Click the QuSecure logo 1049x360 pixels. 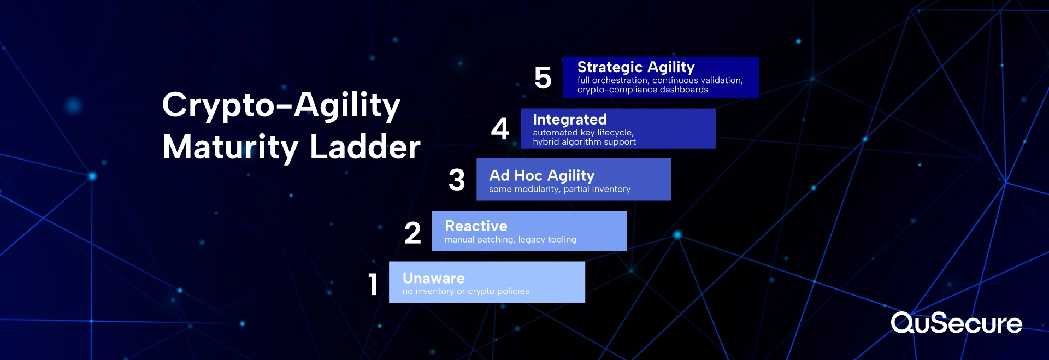[956, 323]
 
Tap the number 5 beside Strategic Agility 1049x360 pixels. [543, 78]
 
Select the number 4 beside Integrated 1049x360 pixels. [500, 129]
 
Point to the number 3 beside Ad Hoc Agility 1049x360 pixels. [457, 180]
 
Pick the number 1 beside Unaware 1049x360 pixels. [373, 284]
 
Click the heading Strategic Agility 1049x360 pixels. [636, 67]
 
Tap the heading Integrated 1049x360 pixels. [570, 119]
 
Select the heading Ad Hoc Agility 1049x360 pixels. [541, 175]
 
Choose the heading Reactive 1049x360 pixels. [476, 226]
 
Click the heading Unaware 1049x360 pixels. [434, 278]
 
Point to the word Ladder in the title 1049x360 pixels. [365, 147]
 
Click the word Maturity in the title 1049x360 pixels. [231, 148]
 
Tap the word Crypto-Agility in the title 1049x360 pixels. [281, 105]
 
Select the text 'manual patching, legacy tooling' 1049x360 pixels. [510, 240]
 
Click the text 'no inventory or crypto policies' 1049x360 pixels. [465, 292]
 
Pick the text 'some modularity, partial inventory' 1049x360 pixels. [559, 189]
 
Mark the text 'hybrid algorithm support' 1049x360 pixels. [584, 142]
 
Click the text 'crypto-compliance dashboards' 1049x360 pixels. [643, 90]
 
